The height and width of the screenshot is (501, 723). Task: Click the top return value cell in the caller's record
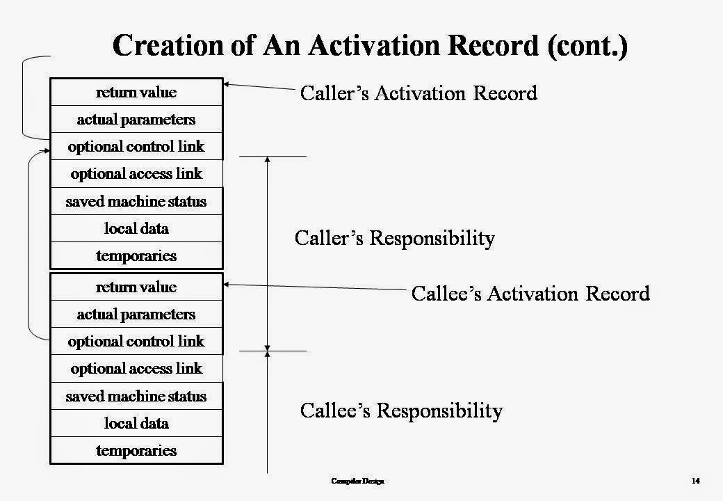136,93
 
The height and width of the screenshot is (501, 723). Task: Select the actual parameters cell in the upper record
136,120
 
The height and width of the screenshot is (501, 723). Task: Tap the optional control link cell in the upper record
136,147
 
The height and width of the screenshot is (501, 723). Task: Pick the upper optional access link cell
136,174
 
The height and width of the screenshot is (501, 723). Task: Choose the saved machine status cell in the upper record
136,202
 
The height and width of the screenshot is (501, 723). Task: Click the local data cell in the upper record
136,228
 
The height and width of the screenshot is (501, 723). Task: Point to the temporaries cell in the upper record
136,255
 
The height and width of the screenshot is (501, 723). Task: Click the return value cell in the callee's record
136,287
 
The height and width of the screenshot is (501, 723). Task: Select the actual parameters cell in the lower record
136,315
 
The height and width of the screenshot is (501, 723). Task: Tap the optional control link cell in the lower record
136,342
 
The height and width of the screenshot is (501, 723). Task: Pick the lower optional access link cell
136,369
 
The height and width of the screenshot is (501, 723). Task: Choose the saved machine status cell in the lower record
136,397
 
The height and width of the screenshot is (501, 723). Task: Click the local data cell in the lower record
136,423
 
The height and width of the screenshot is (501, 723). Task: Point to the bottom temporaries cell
136,450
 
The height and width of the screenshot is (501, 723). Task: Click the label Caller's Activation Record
418,93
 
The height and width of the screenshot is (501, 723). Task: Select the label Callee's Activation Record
530,293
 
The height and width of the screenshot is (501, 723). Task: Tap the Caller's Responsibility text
394,238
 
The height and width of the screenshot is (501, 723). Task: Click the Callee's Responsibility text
400,411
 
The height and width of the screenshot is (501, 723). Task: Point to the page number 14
695,481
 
